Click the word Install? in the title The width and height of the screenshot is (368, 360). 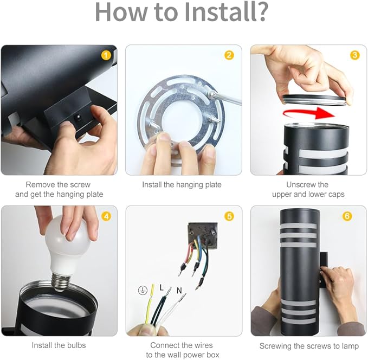[226, 12]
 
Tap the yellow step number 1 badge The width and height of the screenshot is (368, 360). [106, 55]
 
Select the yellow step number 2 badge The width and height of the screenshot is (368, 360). [229, 55]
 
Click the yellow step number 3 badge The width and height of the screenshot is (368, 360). [354, 55]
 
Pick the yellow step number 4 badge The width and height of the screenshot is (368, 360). [106, 216]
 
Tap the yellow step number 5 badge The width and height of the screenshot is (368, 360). [229, 216]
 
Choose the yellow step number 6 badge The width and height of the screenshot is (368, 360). [347, 216]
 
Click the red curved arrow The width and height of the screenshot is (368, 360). [309, 113]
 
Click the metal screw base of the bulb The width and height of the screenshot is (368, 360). [61, 282]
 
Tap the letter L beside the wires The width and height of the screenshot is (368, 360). [162, 287]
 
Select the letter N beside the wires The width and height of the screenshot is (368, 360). [179, 291]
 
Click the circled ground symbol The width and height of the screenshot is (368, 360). [143, 290]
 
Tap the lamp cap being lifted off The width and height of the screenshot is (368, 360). [314, 100]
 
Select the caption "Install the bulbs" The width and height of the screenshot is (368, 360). [59, 345]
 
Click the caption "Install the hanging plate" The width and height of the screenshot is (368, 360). [182, 184]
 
